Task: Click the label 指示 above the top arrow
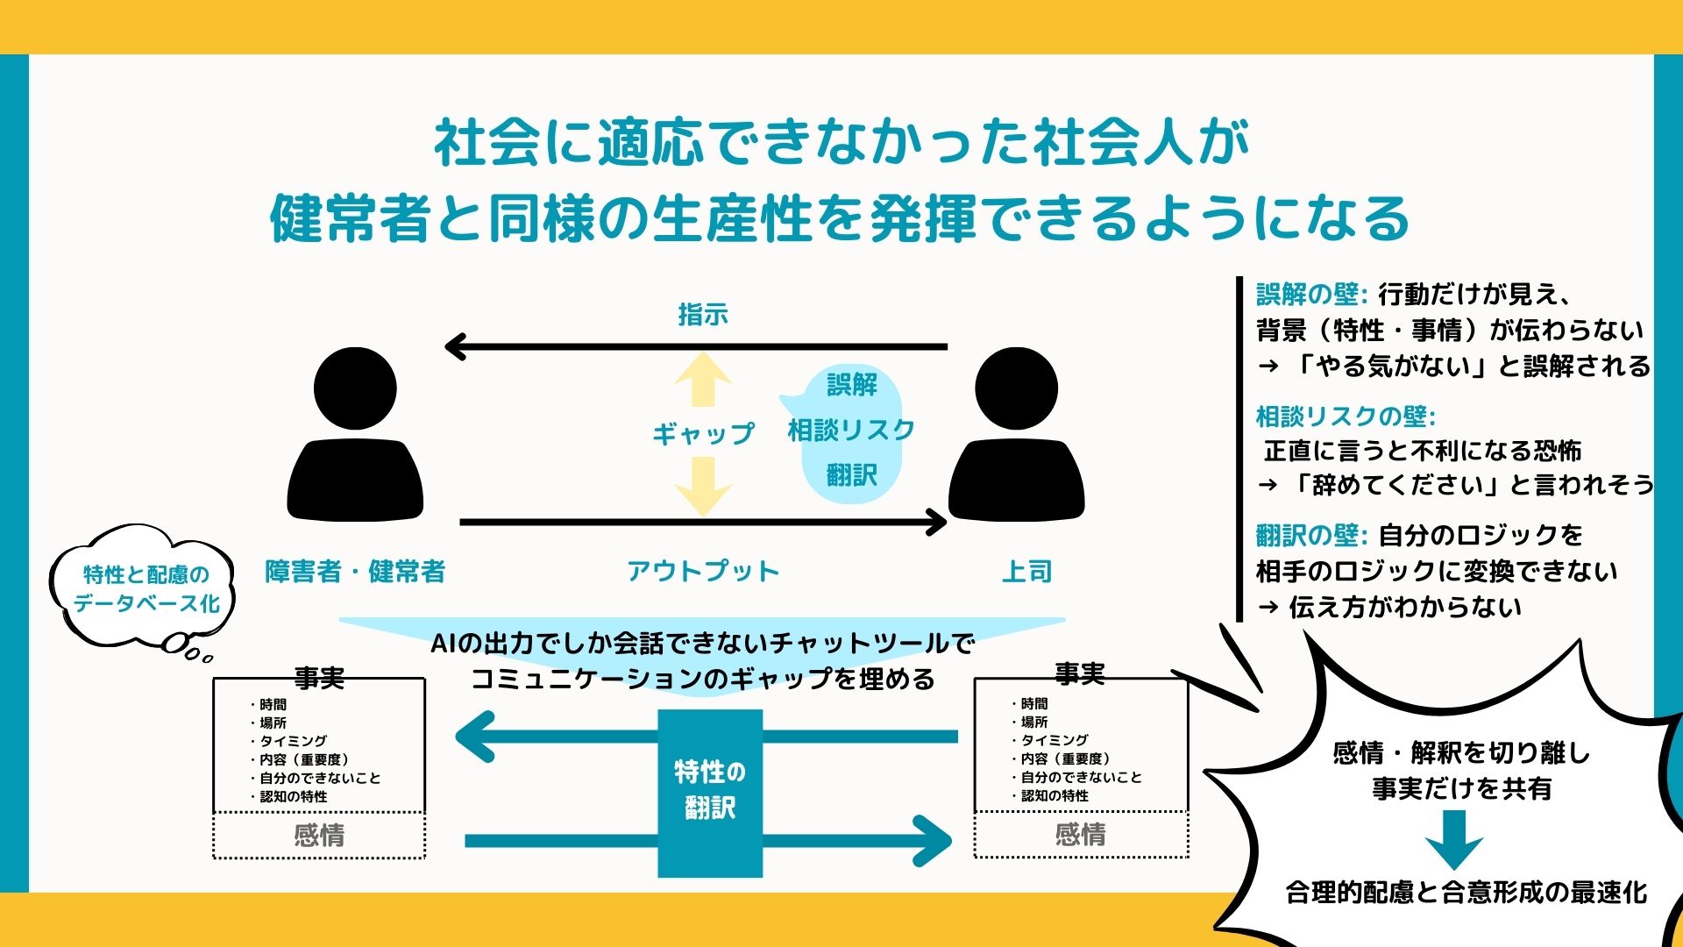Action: pyautogui.click(x=702, y=314)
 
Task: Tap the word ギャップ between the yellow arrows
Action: pyautogui.click(x=702, y=433)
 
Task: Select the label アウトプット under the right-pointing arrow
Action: pyautogui.click(x=702, y=572)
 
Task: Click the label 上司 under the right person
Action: pyautogui.click(x=1026, y=572)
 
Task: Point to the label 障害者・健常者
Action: pyautogui.click(x=355, y=572)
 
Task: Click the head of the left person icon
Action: pyautogui.click(x=355, y=388)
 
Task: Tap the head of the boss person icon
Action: pyautogui.click(x=1016, y=388)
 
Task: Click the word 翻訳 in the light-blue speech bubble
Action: pyautogui.click(x=851, y=475)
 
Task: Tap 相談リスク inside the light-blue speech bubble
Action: pyautogui.click(x=851, y=430)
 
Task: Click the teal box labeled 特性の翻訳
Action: pyautogui.click(x=710, y=791)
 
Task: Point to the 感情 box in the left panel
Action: pyautogui.click(x=319, y=835)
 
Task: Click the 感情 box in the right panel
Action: pyautogui.click(x=1081, y=834)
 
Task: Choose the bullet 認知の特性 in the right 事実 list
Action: pyautogui.click(x=1055, y=795)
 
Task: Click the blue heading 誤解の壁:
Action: pyautogui.click(x=1311, y=294)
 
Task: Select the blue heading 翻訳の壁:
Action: pyautogui.click(x=1311, y=535)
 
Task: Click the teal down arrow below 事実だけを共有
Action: pyautogui.click(x=1454, y=838)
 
